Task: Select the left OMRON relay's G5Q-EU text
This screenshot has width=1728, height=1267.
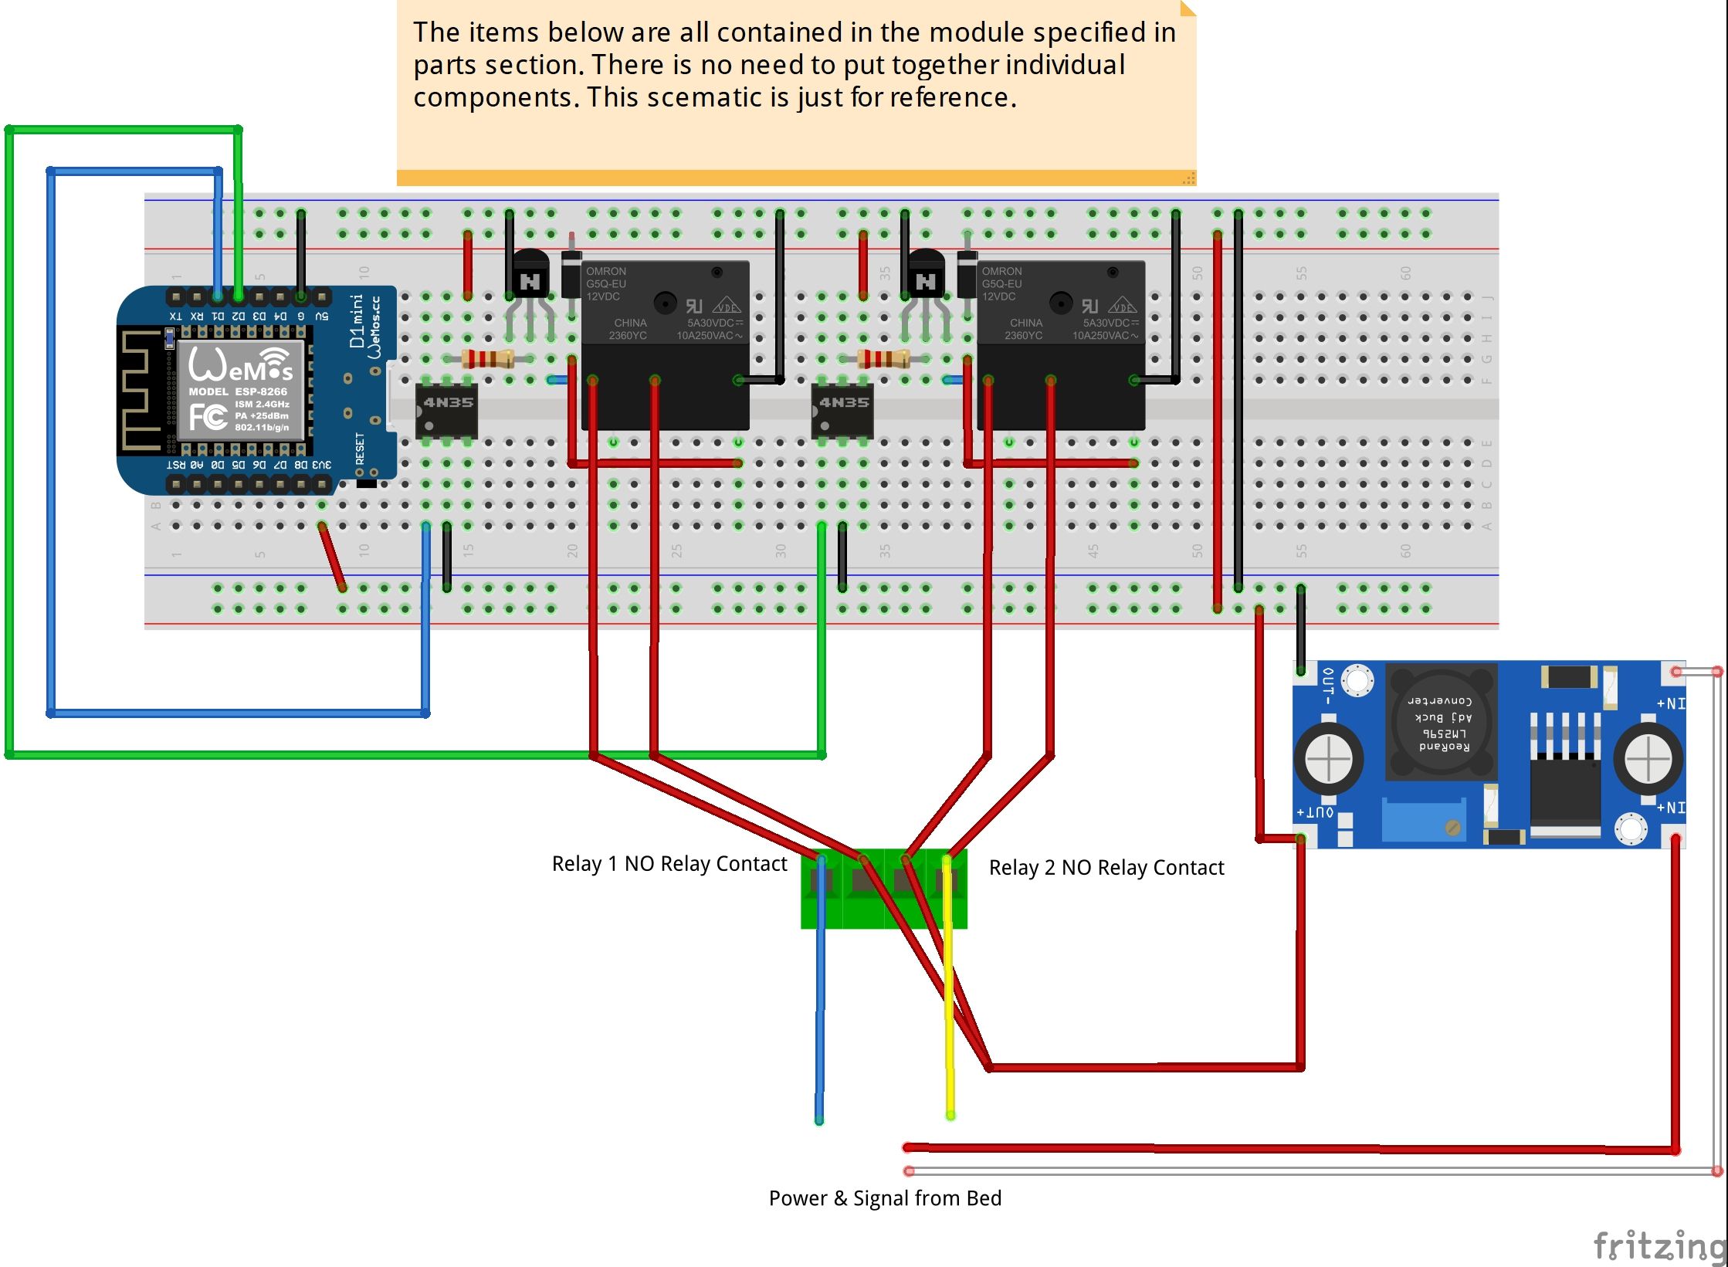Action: coord(605,284)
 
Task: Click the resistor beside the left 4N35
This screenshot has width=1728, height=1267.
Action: coord(488,359)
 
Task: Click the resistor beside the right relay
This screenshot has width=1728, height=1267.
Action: coord(884,359)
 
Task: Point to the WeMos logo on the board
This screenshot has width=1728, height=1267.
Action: coord(241,365)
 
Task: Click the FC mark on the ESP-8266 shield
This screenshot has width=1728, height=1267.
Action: coord(208,418)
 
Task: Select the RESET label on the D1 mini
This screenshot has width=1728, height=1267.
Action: coord(360,449)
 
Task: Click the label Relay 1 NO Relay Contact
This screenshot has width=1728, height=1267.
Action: coord(669,864)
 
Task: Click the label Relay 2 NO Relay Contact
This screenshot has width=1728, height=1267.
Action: coord(1106,868)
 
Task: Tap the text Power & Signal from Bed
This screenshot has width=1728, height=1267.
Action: coord(885,1198)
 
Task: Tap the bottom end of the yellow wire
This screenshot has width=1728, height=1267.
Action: coord(950,1114)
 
